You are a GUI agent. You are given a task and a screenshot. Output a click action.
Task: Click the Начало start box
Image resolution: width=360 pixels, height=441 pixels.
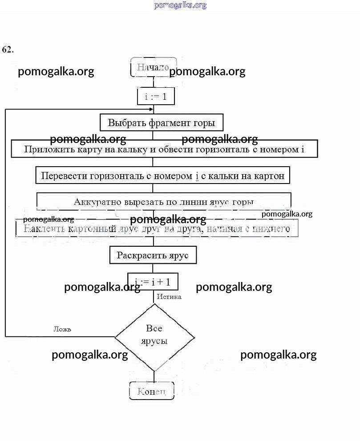click(x=153, y=67)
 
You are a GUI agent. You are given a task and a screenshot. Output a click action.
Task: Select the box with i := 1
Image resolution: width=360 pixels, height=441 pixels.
click(x=155, y=96)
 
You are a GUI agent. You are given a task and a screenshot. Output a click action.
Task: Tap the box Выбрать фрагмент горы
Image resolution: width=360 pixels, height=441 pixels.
click(x=161, y=122)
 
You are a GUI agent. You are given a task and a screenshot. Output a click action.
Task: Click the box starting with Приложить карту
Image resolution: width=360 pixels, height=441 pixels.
click(x=164, y=149)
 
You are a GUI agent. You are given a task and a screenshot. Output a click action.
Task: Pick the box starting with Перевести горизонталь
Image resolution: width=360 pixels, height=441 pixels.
click(x=163, y=176)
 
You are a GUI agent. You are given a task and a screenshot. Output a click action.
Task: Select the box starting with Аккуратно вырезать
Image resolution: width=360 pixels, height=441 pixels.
click(x=164, y=202)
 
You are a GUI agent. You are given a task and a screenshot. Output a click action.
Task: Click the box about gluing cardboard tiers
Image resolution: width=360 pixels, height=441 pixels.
click(x=157, y=229)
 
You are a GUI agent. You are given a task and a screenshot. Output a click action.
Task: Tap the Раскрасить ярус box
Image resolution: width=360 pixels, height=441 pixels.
click(x=153, y=255)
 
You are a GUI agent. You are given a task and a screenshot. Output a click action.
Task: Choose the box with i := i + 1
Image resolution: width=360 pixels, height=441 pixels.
click(x=153, y=281)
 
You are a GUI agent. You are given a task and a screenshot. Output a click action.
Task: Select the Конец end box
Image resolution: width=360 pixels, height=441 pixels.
click(x=151, y=391)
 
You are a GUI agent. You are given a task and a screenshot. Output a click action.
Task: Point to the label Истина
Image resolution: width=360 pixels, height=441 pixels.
click(x=169, y=297)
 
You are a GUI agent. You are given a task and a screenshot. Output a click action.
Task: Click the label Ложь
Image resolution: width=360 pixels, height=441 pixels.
click(x=62, y=329)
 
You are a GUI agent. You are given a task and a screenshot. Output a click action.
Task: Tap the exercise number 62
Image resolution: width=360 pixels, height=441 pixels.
click(x=8, y=49)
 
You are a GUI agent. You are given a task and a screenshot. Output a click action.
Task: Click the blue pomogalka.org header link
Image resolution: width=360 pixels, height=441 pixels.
click(x=180, y=5)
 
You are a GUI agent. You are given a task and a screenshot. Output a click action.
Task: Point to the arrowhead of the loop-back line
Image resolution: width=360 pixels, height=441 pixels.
click(x=151, y=109)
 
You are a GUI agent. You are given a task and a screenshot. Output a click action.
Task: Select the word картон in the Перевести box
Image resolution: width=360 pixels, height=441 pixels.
click(x=269, y=176)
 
